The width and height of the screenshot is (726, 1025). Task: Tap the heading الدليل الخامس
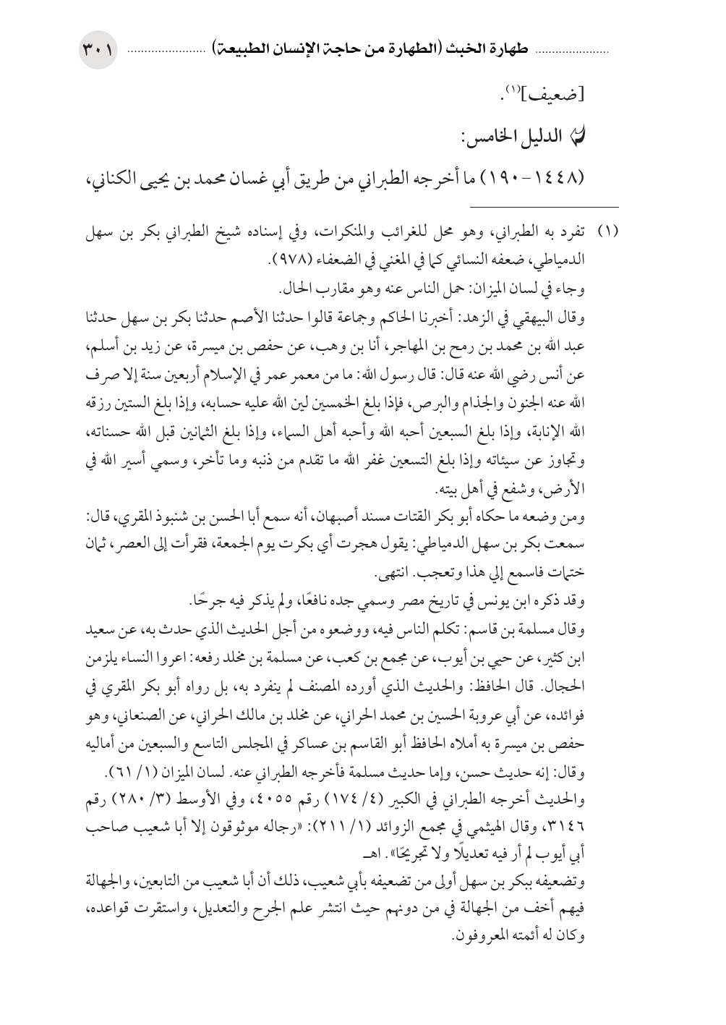click(552, 135)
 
